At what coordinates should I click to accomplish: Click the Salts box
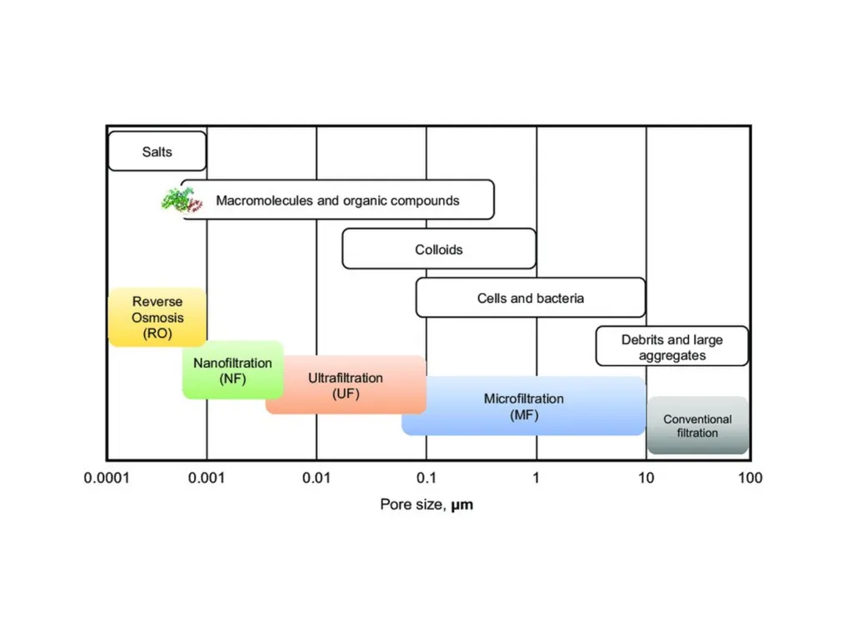coord(157,151)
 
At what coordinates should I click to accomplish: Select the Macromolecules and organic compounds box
coord(337,200)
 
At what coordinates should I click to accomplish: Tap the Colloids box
coord(439,249)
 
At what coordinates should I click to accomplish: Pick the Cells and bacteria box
coord(531,298)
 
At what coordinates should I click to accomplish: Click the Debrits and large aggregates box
coord(672,346)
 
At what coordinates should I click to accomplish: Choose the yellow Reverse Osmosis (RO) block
coord(157,317)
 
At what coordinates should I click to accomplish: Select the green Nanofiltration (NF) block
coord(233,370)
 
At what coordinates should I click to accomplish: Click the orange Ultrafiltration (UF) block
coord(346,384)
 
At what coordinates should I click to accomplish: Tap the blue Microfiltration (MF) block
coord(524,406)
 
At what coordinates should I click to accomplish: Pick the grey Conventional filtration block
coord(697,425)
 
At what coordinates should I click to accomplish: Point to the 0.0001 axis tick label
coord(107,478)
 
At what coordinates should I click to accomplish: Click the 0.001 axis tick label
coord(207,478)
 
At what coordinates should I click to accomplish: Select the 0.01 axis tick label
coord(316,478)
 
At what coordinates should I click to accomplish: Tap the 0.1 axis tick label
coord(426,478)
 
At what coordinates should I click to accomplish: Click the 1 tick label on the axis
coord(536,478)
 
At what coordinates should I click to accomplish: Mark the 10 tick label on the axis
coord(646,478)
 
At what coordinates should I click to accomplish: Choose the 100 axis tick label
coord(751,478)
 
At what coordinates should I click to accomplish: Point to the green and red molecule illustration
coord(182,200)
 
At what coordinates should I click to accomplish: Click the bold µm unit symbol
coord(461,505)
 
